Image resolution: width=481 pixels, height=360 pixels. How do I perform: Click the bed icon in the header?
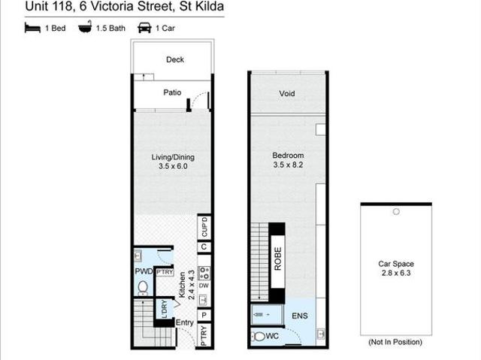[x=32, y=28]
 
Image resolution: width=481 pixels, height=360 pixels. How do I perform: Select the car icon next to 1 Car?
[x=144, y=28]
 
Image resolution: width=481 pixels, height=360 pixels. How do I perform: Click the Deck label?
[x=175, y=59]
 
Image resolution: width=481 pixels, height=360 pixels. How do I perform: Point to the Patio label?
[x=172, y=92]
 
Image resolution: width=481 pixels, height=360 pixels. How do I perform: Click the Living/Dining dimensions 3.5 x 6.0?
[x=173, y=166]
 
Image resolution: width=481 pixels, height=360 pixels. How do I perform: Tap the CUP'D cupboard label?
[x=204, y=227]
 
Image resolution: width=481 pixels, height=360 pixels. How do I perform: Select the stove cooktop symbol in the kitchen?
[x=204, y=273]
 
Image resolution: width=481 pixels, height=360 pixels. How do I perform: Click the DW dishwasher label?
[x=204, y=286]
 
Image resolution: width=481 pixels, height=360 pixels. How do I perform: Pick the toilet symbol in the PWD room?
[x=143, y=288]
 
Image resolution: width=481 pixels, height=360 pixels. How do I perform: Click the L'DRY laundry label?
[x=165, y=309]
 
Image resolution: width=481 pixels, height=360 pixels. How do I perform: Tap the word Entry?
[x=184, y=322]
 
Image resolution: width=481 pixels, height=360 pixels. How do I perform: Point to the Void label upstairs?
[x=287, y=93]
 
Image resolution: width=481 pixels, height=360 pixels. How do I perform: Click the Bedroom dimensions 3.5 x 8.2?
[x=288, y=165]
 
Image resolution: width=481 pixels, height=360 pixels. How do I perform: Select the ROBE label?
[x=277, y=259]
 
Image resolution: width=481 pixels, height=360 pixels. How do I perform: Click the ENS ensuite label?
[x=300, y=316]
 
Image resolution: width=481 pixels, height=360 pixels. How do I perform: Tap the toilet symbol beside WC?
[x=259, y=337]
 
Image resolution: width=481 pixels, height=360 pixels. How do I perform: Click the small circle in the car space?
[x=396, y=212]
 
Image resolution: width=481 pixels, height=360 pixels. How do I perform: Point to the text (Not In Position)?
[x=395, y=342]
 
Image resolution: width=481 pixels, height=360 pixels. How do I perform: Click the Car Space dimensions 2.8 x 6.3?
[x=396, y=273]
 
